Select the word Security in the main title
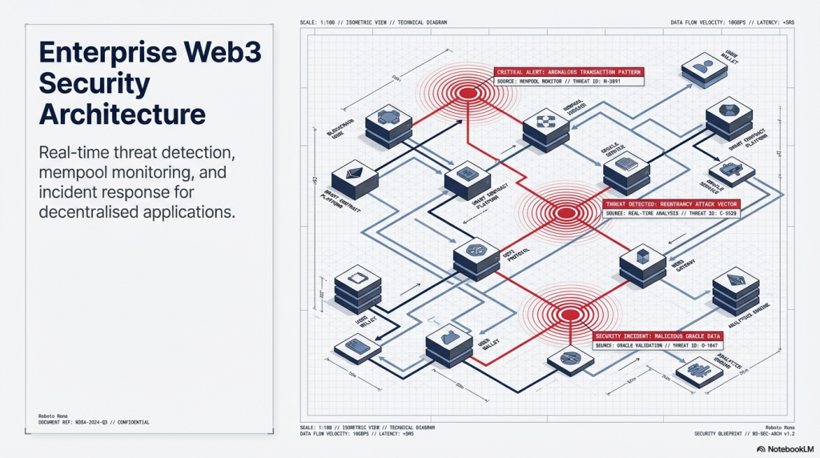pos(94,82)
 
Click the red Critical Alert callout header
pos(569,72)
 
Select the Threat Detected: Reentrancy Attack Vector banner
pos(672,204)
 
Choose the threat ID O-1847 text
pos(702,345)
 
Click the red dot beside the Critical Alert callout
pos(468,94)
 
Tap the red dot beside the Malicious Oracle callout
pos(568,314)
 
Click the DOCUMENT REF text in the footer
pos(60,422)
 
